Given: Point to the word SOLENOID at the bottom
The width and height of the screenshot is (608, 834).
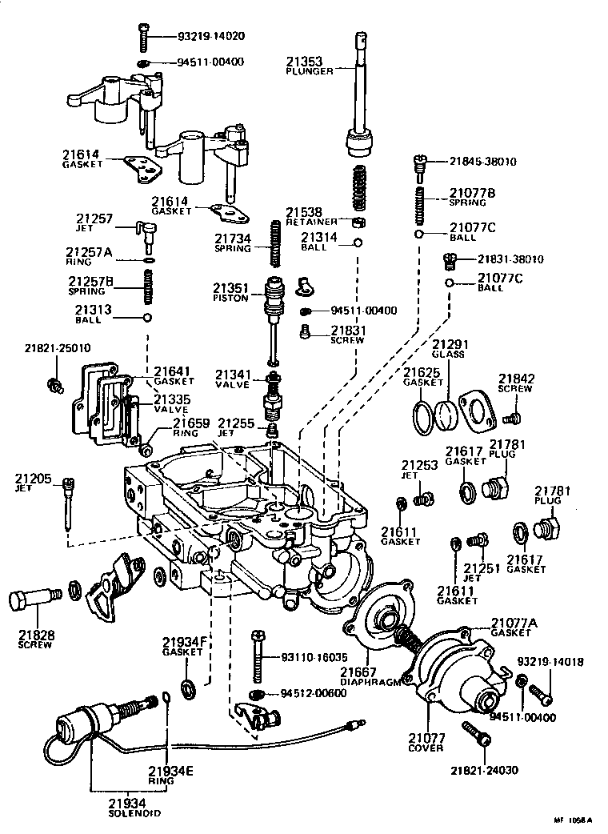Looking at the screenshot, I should point(134,812).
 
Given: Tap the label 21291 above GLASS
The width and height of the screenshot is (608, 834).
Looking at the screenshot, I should point(450,344).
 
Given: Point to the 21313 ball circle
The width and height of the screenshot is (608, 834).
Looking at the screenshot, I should point(147,318).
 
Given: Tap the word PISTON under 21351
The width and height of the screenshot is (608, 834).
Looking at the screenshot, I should point(232,298).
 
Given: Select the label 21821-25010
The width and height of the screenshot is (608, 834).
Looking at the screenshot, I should point(58,348).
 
